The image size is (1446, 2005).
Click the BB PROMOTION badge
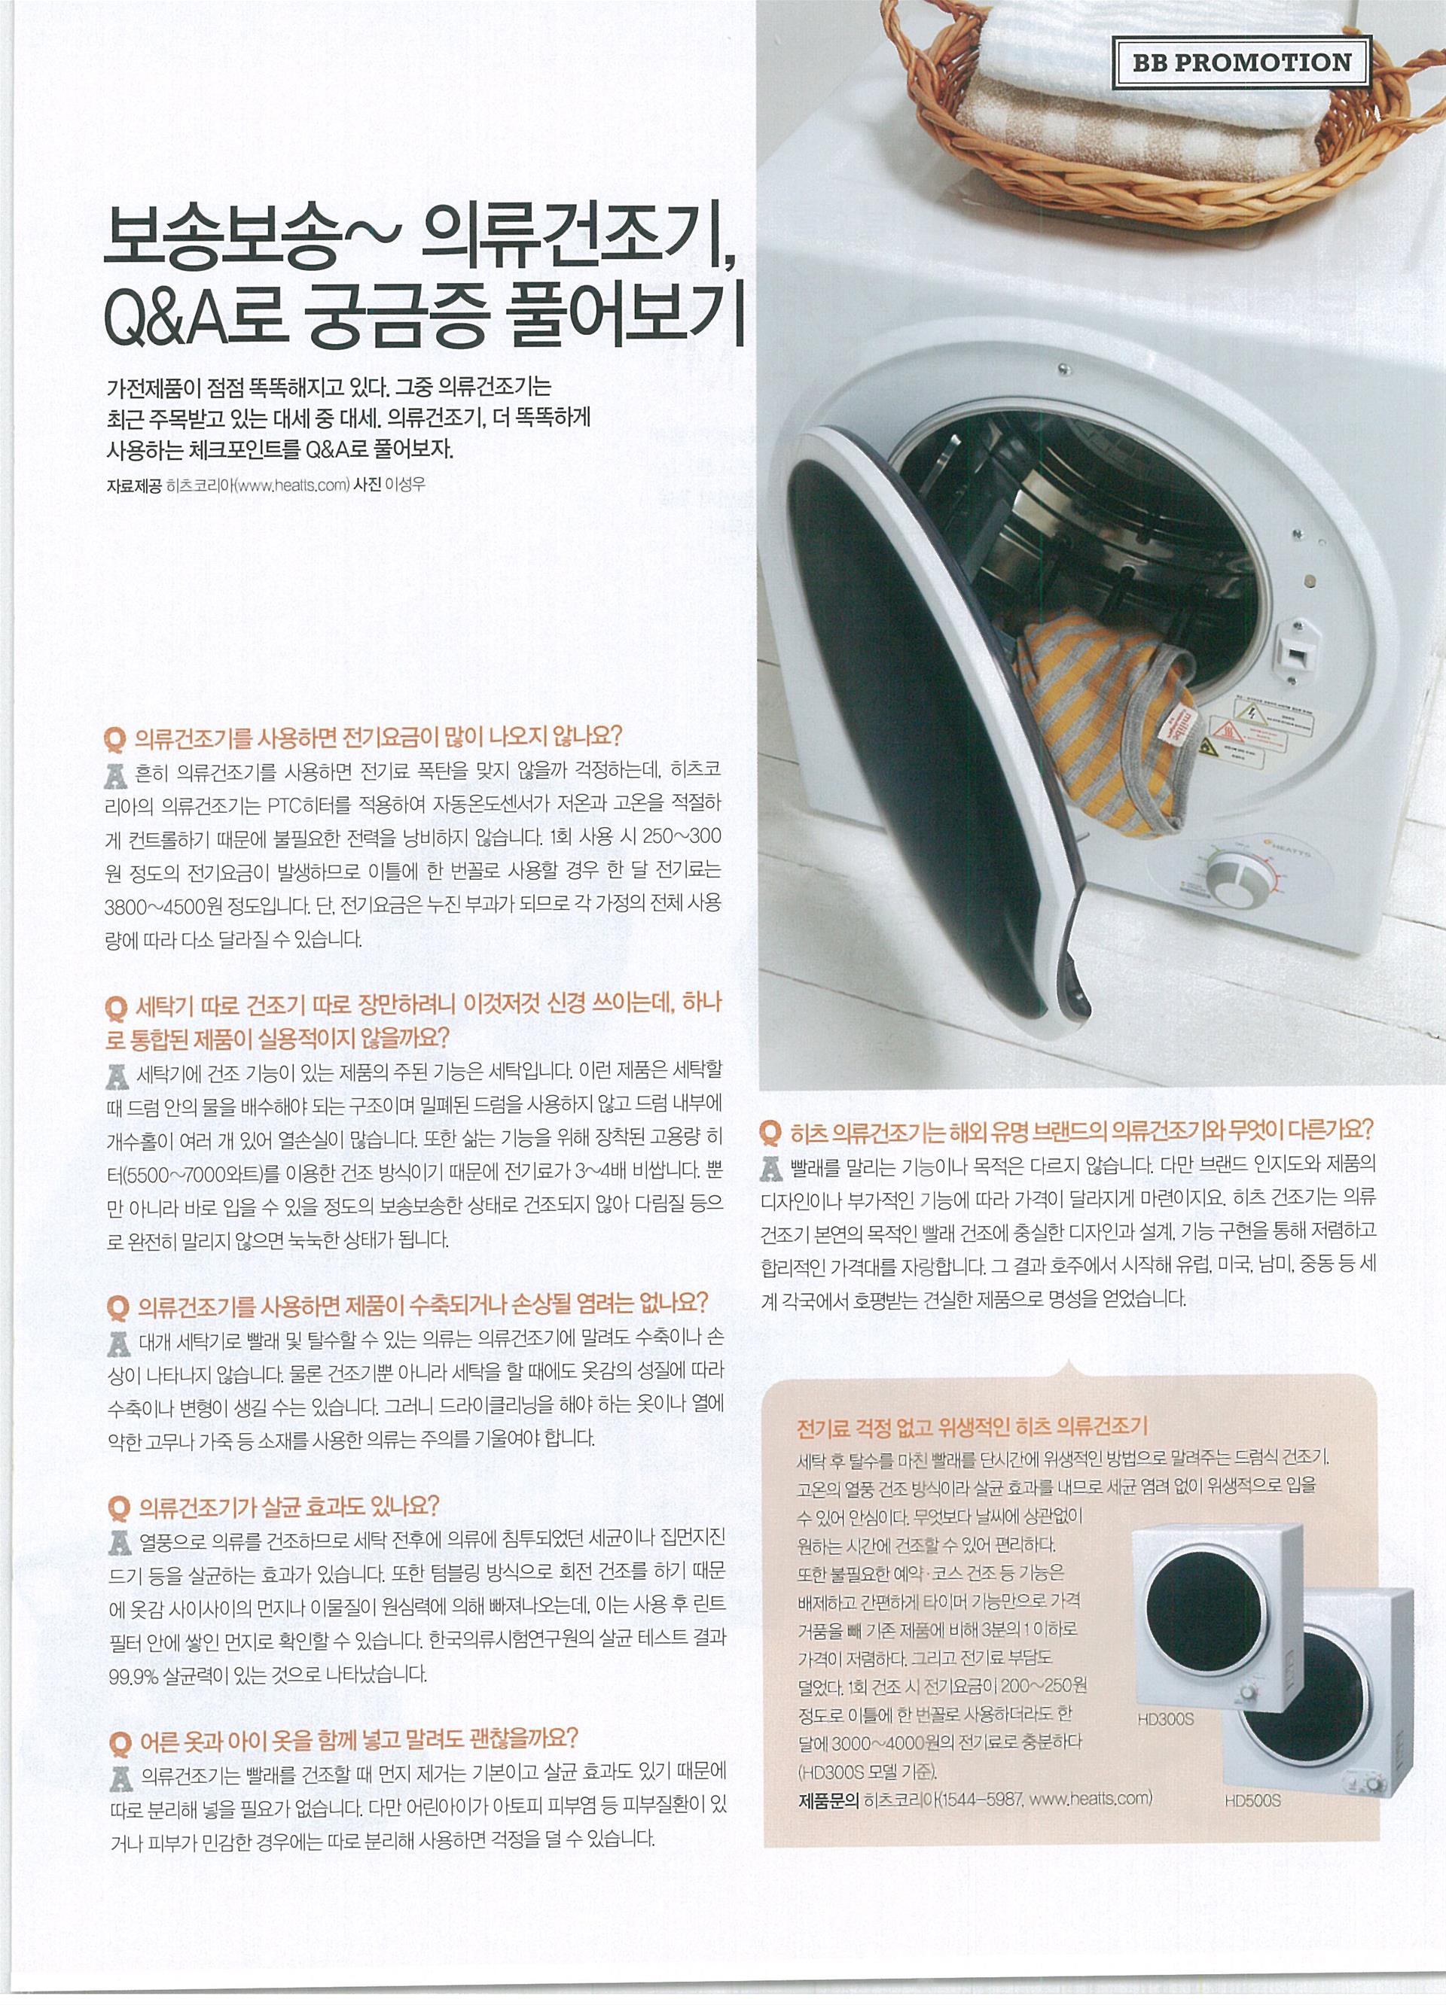pyautogui.click(x=1241, y=62)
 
